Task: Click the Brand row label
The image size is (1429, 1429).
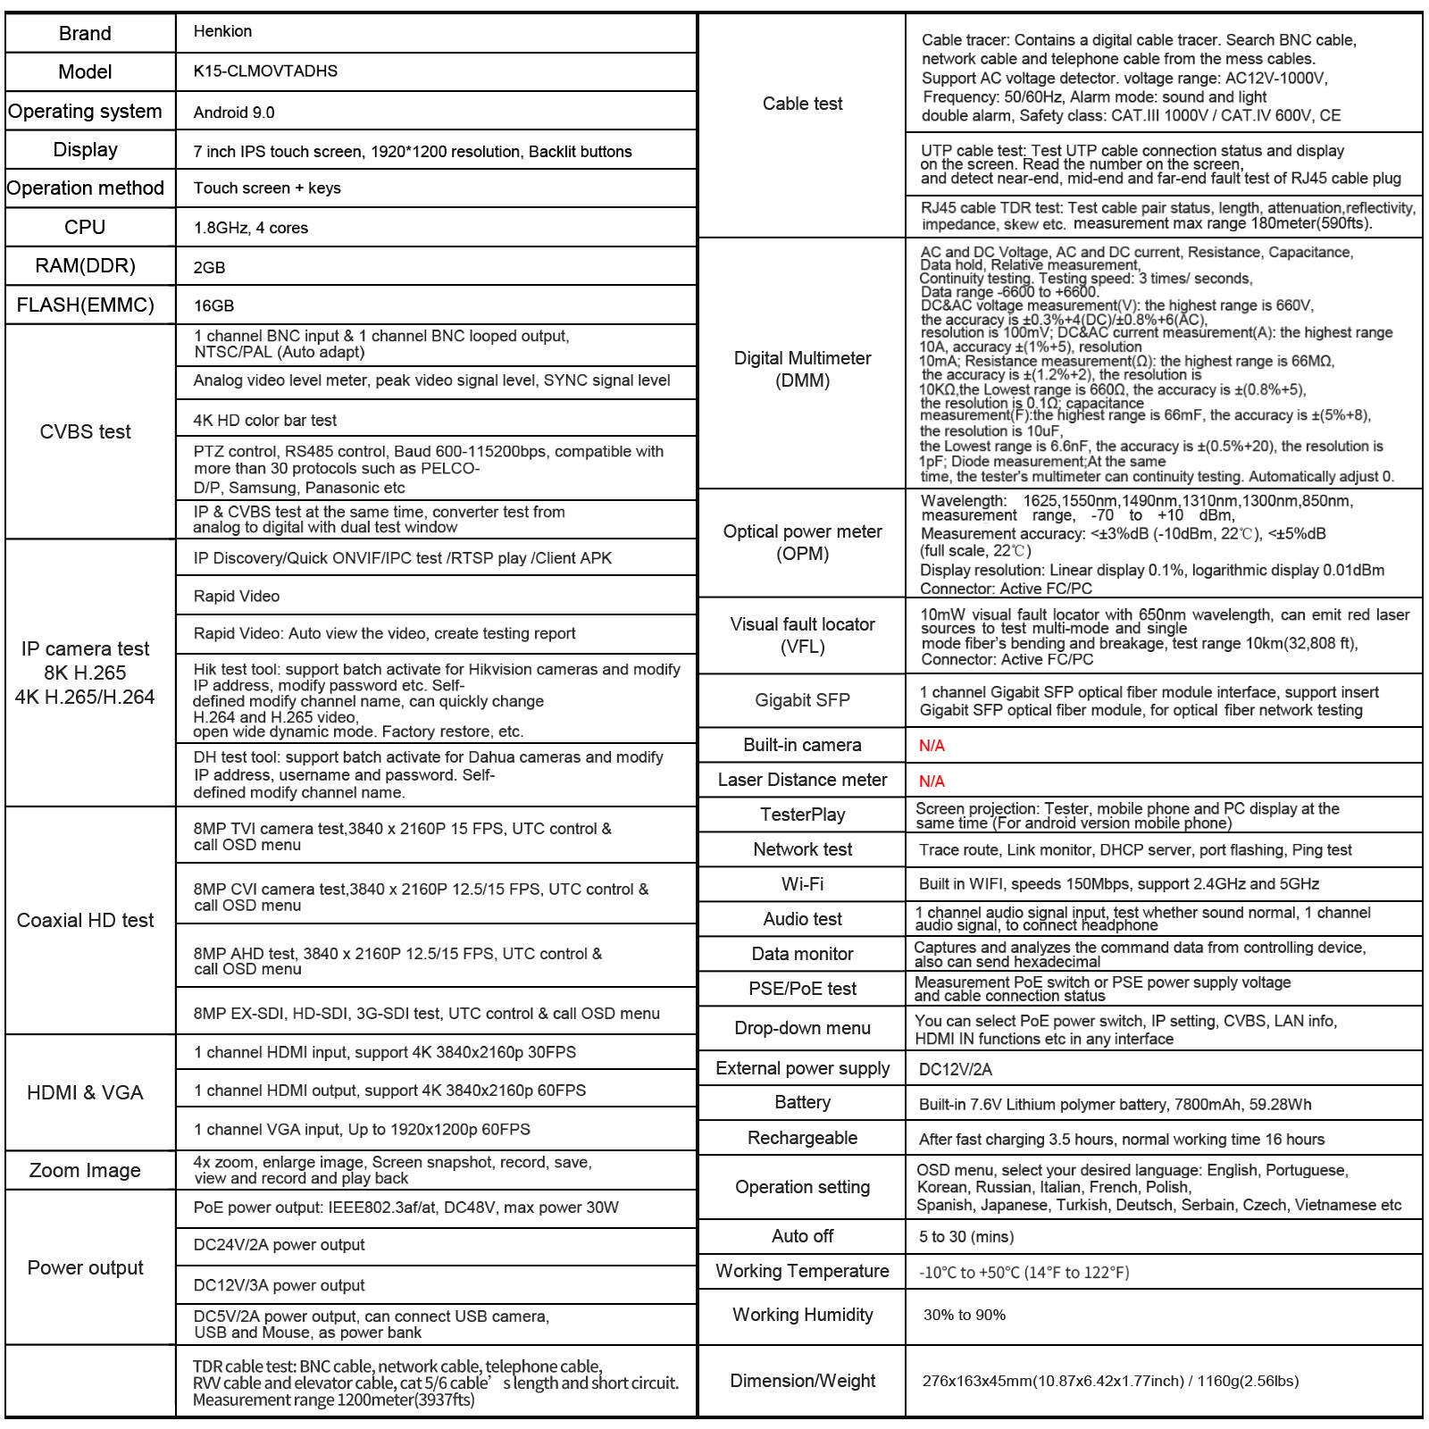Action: (85, 34)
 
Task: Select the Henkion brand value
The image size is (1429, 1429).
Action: (222, 31)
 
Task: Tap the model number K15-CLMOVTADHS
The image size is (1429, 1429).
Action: (265, 71)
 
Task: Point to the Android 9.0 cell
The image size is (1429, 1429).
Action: (234, 113)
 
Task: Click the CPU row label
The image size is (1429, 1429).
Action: (85, 228)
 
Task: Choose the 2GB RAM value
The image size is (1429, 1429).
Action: (209, 267)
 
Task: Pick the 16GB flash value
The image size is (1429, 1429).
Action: (213, 305)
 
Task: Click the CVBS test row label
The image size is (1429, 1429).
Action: (85, 432)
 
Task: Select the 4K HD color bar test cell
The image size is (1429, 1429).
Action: (265, 420)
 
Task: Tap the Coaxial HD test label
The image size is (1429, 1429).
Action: (85, 921)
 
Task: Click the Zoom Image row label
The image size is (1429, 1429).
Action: (85, 1171)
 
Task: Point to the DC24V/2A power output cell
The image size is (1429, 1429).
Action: (279, 1245)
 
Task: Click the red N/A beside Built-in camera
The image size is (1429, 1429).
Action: (932, 746)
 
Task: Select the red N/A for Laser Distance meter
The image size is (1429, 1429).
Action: (932, 781)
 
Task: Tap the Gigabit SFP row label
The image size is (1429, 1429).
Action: (802, 700)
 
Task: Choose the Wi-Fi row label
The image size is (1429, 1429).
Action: (802, 884)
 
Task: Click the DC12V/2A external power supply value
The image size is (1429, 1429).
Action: (955, 1070)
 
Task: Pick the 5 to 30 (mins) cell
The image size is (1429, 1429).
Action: (966, 1237)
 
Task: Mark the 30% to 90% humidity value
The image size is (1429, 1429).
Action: (965, 1315)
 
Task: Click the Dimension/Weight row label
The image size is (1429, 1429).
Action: (802, 1381)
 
